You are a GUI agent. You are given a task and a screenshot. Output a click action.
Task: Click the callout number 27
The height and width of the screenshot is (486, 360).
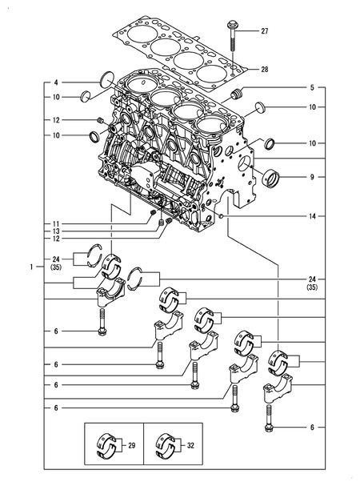pyautogui.click(x=264, y=31)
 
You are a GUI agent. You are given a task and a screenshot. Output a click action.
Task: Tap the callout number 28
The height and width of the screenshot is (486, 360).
pyautogui.click(x=264, y=70)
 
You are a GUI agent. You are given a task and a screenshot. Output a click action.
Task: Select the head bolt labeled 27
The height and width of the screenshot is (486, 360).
pyautogui.click(x=232, y=36)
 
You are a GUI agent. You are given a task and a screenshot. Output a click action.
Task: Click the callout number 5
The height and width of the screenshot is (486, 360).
pyautogui.click(x=312, y=88)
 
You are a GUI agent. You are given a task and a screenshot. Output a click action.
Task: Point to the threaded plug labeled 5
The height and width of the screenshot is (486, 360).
pyautogui.click(x=238, y=94)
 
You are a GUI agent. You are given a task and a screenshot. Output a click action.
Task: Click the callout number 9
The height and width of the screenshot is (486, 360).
pyautogui.click(x=312, y=177)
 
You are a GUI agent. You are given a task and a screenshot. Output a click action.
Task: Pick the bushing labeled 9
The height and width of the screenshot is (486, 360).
pyautogui.click(x=271, y=179)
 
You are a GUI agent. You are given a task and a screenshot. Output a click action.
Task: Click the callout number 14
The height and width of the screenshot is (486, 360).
pyautogui.click(x=312, y=216)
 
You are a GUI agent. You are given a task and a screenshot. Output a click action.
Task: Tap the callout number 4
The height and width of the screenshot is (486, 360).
pyautogui.click(x=56, y=82)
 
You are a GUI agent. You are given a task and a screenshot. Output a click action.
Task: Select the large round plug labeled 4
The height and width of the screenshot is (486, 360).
pyautogui.click(x=107, y=79)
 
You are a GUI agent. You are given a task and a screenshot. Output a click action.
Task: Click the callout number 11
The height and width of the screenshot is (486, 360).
pyautogui.click(x=56, y=223)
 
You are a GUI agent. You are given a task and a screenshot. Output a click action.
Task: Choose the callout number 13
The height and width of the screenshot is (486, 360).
pyautogui.click(x=56, y=231)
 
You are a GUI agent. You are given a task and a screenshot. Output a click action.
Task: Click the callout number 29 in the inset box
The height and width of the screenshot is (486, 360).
pyautogui.click(x=132, y=445)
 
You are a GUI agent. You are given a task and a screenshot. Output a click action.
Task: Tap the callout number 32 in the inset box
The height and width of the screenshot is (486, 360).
pyautogui.click(x=190, y=445)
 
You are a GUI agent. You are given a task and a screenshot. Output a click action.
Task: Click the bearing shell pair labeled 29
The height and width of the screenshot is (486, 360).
pyautogui.click(x=106, y=445)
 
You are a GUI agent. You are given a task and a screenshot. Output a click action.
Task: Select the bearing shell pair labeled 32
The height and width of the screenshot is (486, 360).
pyautogui.click(x=165, y=445)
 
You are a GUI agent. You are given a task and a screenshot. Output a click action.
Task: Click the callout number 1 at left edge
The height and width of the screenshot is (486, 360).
pyautogui.click(x=31, y=267)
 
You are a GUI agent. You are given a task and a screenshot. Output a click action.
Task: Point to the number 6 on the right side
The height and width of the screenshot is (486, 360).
pyautogui.click(x=312, y=428)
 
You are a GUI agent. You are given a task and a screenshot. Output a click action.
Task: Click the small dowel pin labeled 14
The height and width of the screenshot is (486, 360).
pyautogui.click(x=221, y=215)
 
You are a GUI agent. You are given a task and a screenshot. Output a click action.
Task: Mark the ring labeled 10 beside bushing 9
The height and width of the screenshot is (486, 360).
pyautogui.click(x=270, y=143)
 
